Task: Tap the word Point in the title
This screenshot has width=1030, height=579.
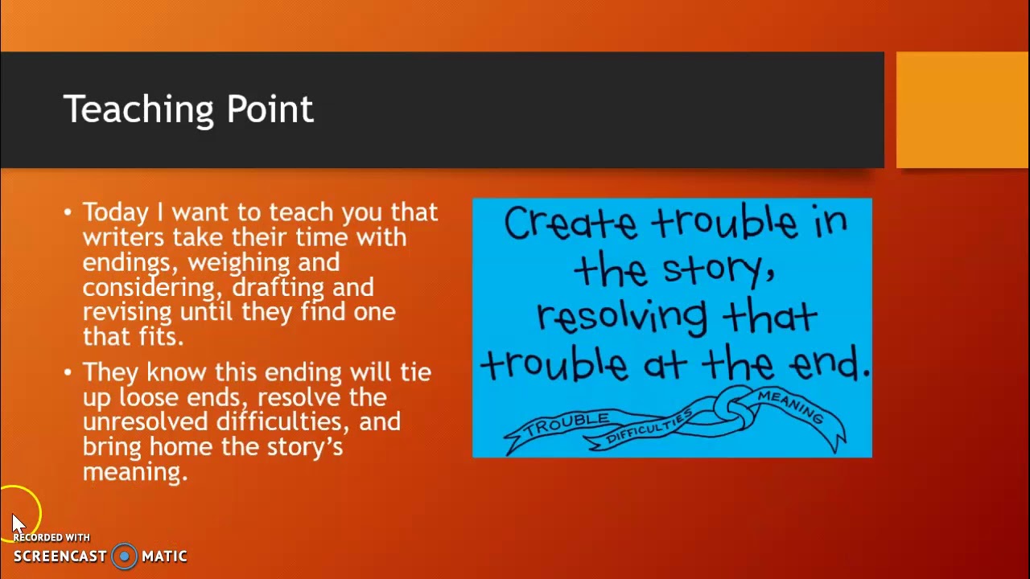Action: click(270, 110)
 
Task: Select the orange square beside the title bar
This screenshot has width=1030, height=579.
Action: click(962, 110)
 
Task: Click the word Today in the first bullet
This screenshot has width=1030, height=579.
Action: click(116, 213)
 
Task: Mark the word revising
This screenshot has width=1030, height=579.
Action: click(127, 312)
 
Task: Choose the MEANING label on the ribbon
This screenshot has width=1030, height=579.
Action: click(790, 405)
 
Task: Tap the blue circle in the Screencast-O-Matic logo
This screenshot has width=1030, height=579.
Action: click(124, 556)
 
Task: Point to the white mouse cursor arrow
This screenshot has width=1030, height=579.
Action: click(18, 523)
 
